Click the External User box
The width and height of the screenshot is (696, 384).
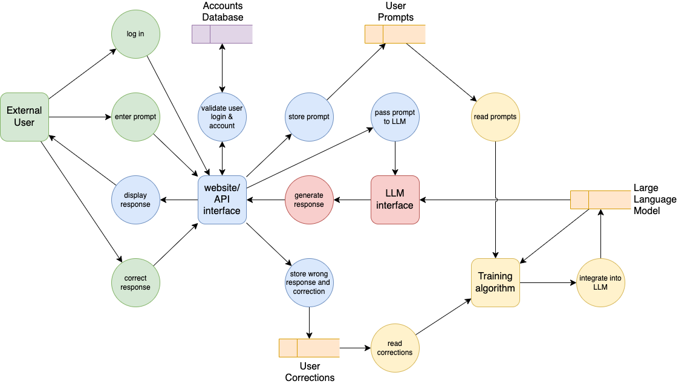25,117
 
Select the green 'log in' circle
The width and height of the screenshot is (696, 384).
135,34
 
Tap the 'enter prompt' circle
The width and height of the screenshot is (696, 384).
135,117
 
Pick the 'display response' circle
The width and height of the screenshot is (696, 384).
135,200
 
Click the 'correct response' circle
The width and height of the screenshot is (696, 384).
135,282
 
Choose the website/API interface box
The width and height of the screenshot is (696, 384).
222,200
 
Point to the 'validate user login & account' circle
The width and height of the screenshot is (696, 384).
222,117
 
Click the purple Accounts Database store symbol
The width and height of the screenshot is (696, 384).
222,34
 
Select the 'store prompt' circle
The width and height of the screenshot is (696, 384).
309,117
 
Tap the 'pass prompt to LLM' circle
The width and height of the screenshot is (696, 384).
395,117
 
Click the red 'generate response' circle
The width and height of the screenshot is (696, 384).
309,200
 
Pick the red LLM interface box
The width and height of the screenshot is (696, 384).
395,200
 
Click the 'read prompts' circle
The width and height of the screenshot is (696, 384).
495,117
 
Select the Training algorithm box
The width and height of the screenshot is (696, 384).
495,282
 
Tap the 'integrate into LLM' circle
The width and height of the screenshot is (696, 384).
600,282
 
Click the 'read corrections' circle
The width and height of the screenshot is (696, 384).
395,348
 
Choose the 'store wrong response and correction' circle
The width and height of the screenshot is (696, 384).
309,282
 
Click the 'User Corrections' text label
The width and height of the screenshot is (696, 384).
310,372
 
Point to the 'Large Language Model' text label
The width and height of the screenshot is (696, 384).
655,200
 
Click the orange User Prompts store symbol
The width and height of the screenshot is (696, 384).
395,34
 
